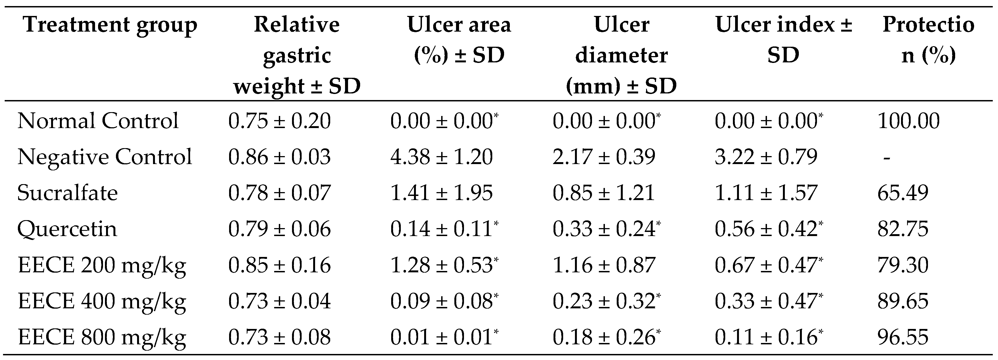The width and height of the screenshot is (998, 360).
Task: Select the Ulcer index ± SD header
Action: pyautogui.click(x=783, y=40)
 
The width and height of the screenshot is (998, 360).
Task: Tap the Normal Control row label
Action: pyautogui.click(x=98, y=121)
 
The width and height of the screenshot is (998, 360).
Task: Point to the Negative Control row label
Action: pyautogui.click(x=105, y=157)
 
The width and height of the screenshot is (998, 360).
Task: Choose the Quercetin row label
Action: pyautogui.click(x=67, y=229)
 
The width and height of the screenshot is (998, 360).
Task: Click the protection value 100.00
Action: pyautogui.click(x=908, y=121)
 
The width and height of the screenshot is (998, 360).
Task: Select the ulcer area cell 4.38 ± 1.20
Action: pyautogui.click(x=441, y=157)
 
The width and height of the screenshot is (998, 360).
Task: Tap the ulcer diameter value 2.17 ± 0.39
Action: pyautogui.click(x=604, y=157)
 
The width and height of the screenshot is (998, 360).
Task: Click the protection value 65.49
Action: pyautogui.click(x=903, y=193)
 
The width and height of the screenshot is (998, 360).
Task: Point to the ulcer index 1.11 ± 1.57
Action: pyautogui.click(x=766, y=193)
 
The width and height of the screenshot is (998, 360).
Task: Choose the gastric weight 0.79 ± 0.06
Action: pyautogui.click(x=279, y=229)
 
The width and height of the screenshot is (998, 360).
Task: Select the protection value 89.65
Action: pyautogui.click(x=903, y=301)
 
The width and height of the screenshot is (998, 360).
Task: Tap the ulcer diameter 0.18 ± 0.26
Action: pyautogui.click(x=606, y=337)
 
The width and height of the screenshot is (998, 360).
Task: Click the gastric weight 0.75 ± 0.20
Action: pyautogui.click(x=279, y=121)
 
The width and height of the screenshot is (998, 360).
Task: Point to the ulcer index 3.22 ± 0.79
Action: pyautogui.click(x=766, y=157)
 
